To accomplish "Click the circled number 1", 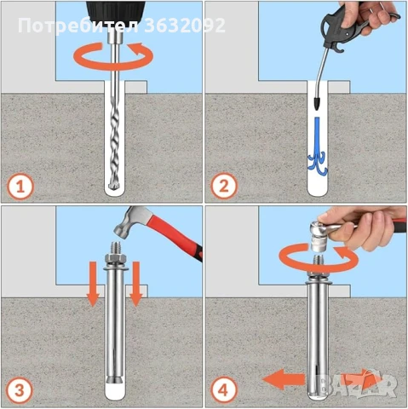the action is pyautogui.click(x=20, y=187).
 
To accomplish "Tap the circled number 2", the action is pyautogui.click(x=224, y=187).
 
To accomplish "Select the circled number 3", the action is pyautogui.click(x=20, y=391).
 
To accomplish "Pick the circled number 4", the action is pyautogui.click(x=224, y=390).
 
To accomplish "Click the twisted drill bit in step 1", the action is pyautogui.click(x=115, y=142).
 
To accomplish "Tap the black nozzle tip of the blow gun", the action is pyautogui.click(x=317, y=104).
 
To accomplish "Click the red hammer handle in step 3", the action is pyautogui.click(x=176, y=233).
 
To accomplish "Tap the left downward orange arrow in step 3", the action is pyautogui.click(x=93, y=284).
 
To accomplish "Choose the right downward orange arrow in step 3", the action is pyautogui.click(x=135, y=284).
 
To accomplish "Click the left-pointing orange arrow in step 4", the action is pyautogui.click(x=284, y=379).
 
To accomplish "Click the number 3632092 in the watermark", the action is pyautogui.click(x=185, y=26).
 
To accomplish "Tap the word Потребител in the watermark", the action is pyautogui.click(x=78, y=26).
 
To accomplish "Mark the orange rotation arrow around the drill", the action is pyautogui.click(x=113, y=56).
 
